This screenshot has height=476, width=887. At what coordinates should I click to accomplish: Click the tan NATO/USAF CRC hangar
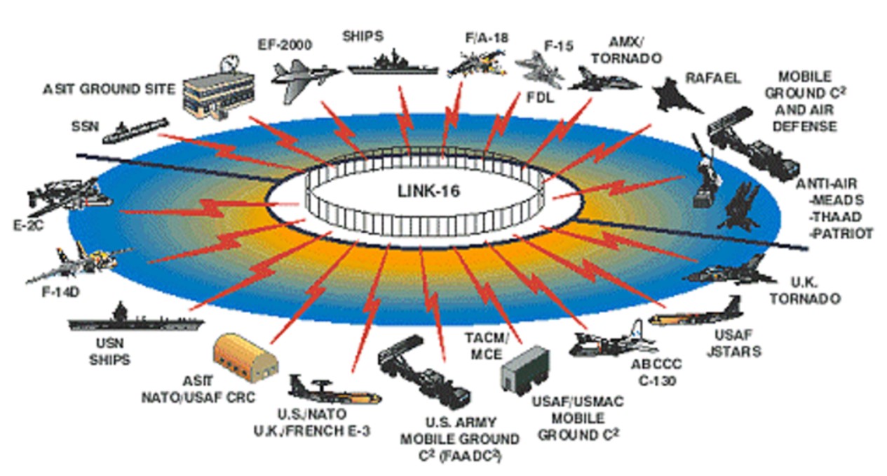pyautogui.click(x=245, y=355)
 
